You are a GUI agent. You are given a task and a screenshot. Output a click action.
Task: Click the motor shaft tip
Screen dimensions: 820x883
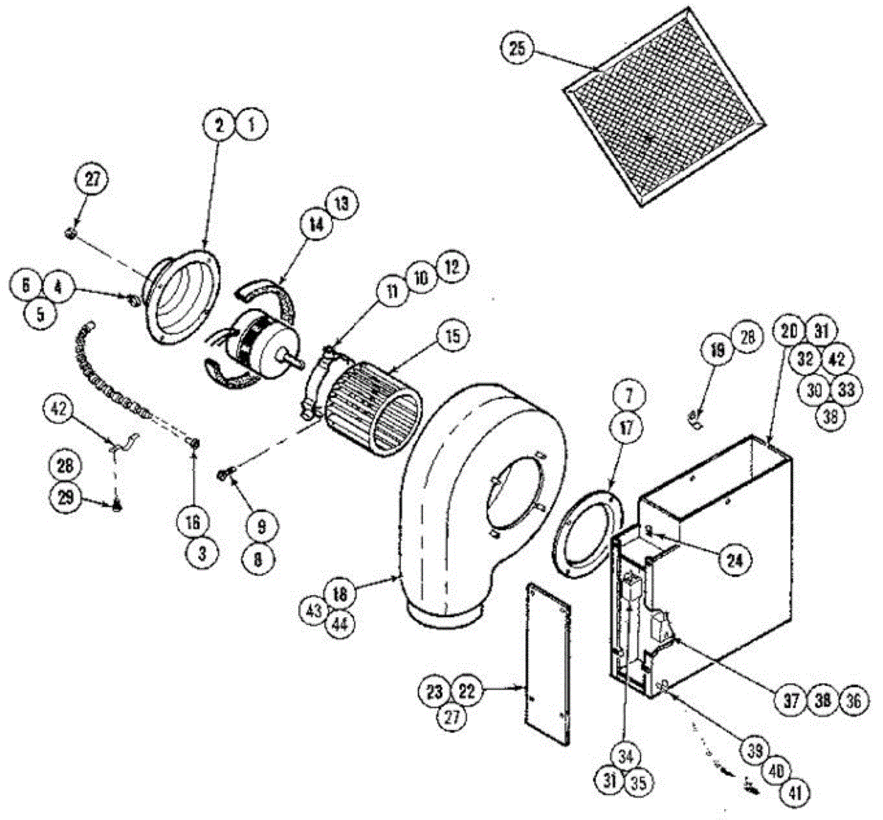pos(301,362)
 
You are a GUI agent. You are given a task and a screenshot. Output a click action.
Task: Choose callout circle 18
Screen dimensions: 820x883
pos(341,593)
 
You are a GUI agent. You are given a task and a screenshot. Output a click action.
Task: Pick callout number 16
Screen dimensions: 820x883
pos(193,523)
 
